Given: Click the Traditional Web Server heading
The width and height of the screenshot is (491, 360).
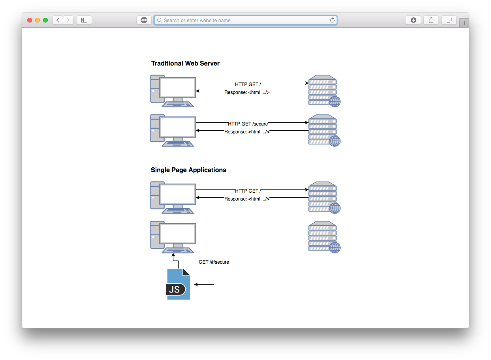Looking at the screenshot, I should click(185, 63).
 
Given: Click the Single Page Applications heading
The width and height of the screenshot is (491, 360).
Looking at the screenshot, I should click(188, 170).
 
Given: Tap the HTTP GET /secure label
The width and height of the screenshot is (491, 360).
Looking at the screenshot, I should click(248, 124).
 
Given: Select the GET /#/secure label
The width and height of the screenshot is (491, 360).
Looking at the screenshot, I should click(214, 262).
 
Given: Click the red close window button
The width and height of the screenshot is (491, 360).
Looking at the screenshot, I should click(30, 20).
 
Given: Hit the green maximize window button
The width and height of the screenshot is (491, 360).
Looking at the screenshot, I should click(45, 20).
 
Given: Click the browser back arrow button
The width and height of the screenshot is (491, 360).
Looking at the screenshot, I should click(58, 20).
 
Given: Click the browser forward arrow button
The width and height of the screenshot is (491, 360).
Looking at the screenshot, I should click(68, 20).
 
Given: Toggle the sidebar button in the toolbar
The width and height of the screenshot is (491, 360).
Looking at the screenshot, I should click(84, 20).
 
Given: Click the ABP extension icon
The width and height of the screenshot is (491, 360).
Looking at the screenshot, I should click(144, 20).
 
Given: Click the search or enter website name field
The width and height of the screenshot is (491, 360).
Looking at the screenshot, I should click(245, 20).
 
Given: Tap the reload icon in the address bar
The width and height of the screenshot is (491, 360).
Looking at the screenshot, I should click(332, 20).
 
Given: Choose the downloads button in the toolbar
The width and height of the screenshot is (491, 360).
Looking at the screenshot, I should click(413, 20).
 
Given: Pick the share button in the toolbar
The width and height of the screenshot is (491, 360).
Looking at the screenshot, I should click(431, 20).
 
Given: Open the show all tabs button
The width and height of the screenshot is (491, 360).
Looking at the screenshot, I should click(449, 20).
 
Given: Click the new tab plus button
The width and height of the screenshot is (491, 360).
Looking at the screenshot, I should click(464, 23).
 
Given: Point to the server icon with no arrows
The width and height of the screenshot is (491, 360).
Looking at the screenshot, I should click(324, 237).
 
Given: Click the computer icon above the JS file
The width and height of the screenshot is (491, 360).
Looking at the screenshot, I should click(173, 237).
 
